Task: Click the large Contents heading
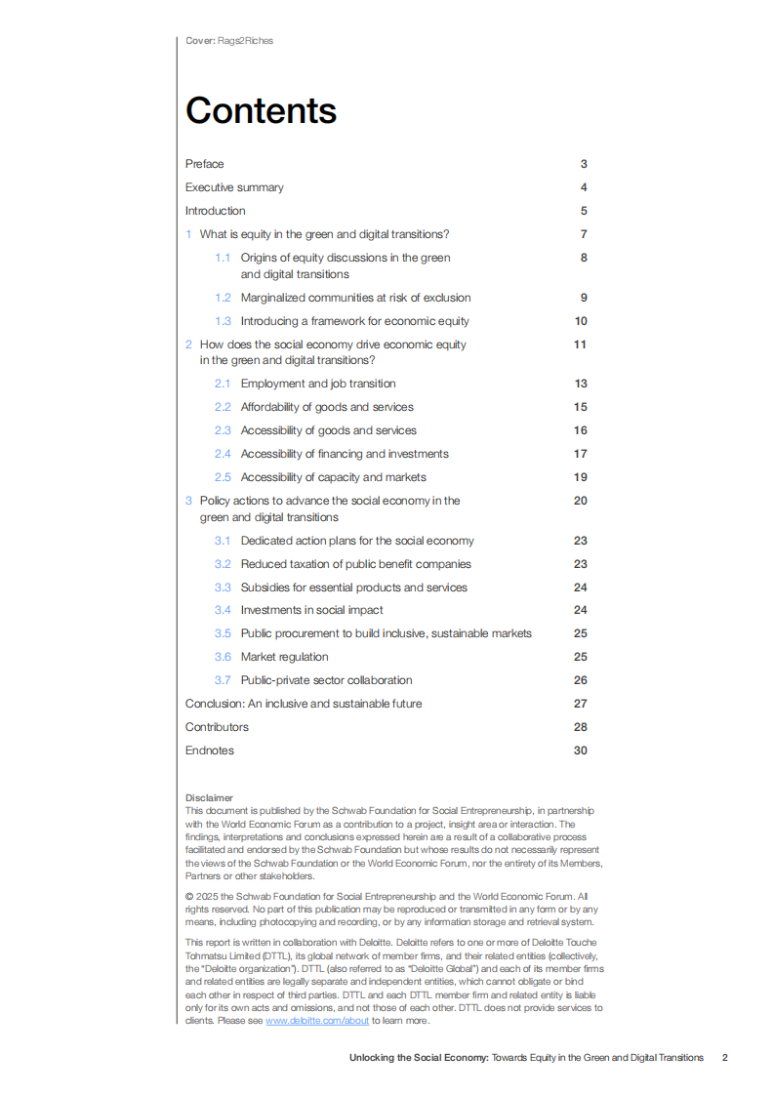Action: point(261,111)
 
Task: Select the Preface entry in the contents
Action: point(204,164)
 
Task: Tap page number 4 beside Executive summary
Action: point(583,187)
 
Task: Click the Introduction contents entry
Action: point(215,211)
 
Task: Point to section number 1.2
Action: point(223,298)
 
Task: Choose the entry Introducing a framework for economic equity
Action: point(354,321)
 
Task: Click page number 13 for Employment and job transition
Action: point(581,384)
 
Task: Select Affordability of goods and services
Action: point(327,407)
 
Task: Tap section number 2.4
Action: point(223,454)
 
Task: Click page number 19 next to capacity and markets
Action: point(581,477)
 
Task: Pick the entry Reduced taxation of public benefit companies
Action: point(355,564)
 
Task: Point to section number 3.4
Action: point(223,611)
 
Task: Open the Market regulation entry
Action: point(284,658)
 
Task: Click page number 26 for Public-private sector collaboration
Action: point(581,681)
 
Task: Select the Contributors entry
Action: point(217,727)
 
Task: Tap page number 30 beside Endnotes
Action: point(581,750)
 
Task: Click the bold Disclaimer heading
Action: point(209,797)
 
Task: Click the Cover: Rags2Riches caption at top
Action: point(229,41)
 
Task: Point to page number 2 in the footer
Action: point(724,1058)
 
